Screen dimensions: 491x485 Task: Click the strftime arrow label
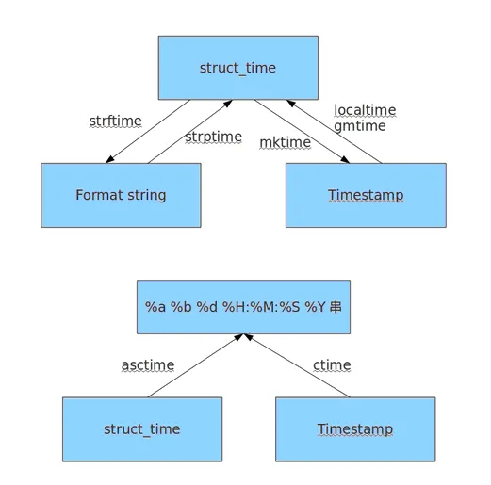(115, 121)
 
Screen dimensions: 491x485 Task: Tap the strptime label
(214, 137)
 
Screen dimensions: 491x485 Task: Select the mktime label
(286, 143)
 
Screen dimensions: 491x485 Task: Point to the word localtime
(365, 110)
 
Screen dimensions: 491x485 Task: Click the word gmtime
(360, 126)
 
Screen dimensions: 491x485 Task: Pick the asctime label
(148, 365)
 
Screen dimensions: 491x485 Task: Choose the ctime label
(332, 365)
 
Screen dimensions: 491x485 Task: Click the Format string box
(121, 195)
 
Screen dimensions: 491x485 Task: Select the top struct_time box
(238, 68)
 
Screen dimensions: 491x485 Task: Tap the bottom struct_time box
(142, 429)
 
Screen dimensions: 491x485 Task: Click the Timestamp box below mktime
(366, 195)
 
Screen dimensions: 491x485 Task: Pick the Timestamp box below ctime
(355, 429)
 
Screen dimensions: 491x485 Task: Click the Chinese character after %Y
(336, 307)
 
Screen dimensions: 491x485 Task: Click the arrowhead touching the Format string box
(110, 159)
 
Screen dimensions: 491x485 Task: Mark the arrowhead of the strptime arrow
(228, 104)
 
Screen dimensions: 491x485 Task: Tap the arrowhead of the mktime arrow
(345, 159)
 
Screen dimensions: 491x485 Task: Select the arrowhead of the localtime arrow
(291, 104)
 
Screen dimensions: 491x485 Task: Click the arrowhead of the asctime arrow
(238, 337)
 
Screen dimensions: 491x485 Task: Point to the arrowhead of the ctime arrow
(249, 337)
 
